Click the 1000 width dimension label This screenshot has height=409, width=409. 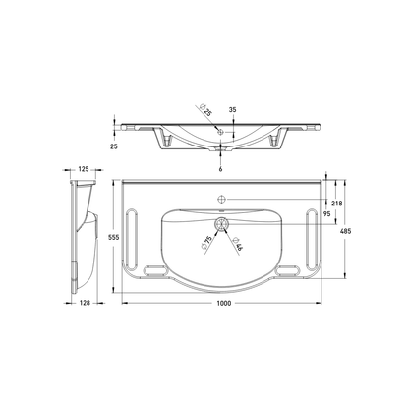tap(223, 303)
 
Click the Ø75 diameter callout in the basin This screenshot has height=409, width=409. tap(209, 240)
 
